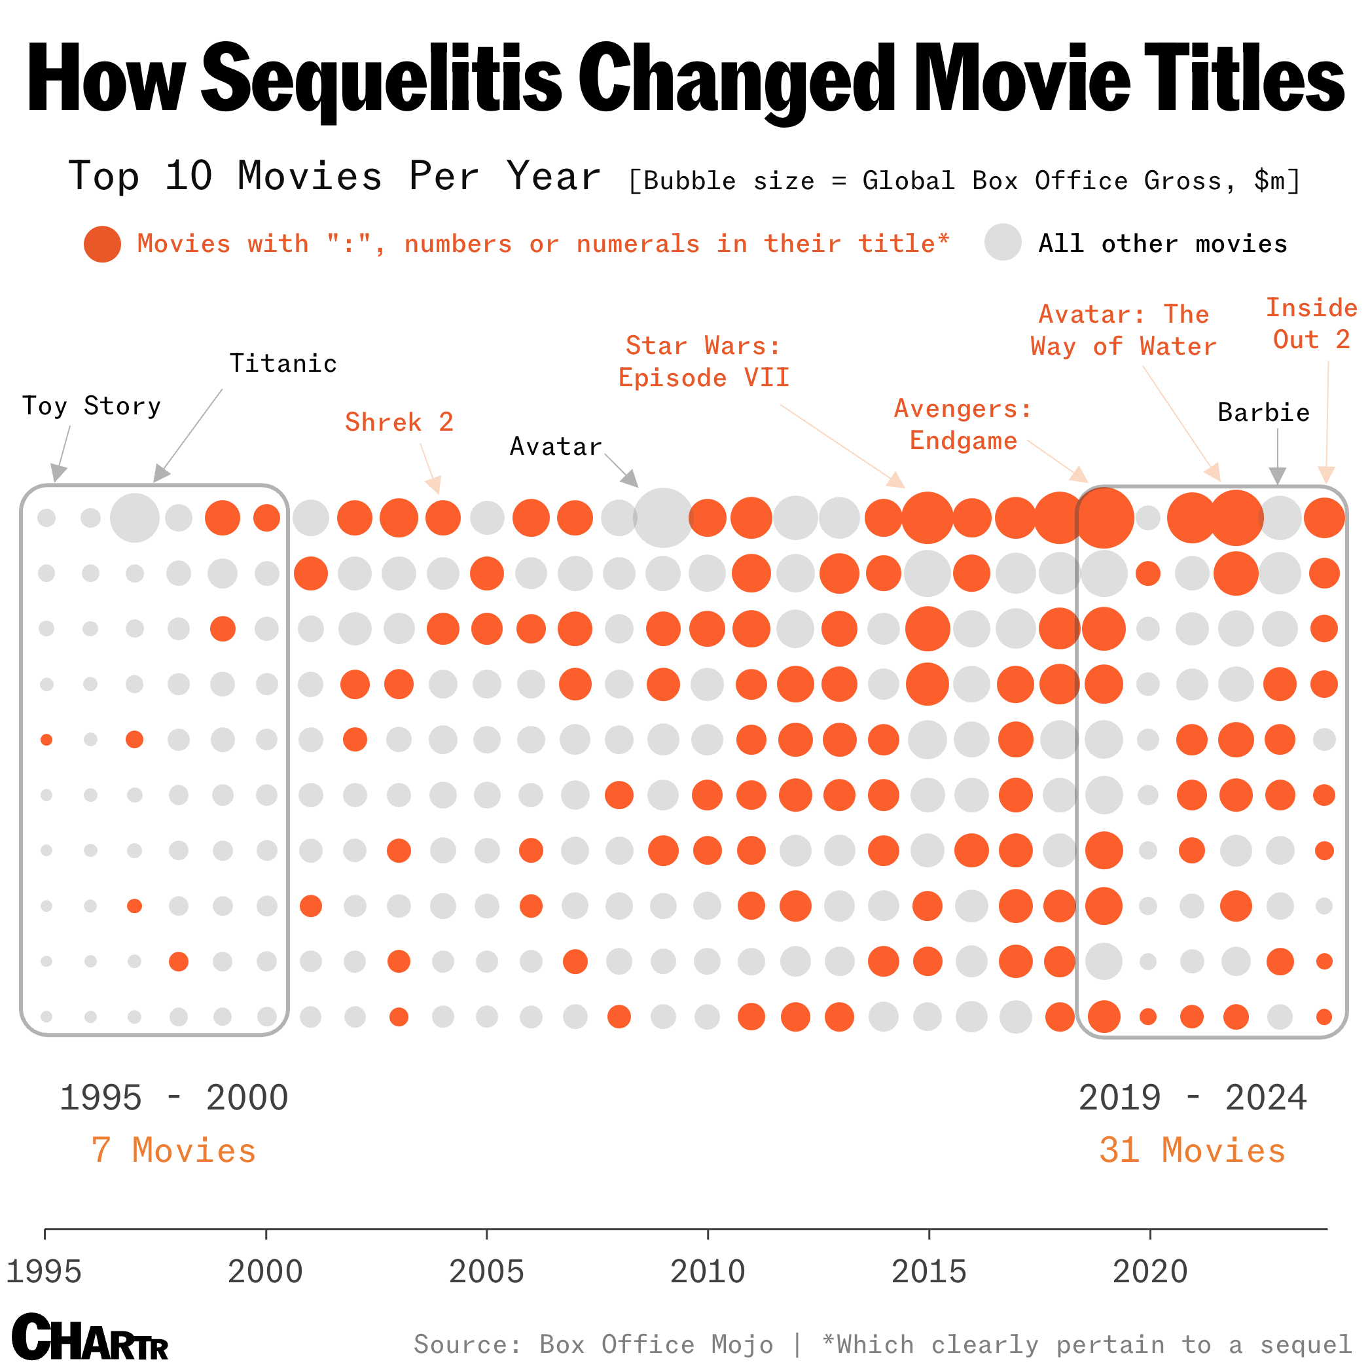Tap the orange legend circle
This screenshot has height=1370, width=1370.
[x=102, y=244]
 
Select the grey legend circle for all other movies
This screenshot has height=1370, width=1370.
[x=1003, y=242]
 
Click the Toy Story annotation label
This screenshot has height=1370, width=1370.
[x=92, y=406]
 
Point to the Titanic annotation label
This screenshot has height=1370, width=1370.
[x=283, y=364]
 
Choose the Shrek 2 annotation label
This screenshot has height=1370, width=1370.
[x=399, y=423]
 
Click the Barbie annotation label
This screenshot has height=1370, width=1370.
[x=1263, y=412]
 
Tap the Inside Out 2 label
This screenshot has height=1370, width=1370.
[x=1311, y=324]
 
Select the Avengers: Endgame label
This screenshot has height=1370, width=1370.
[x=963, y=425]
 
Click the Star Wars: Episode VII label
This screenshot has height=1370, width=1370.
[x=704, y=361]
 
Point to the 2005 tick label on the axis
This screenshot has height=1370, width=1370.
[x=486, y=1271]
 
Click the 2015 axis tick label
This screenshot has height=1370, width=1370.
[x=929, y=1271]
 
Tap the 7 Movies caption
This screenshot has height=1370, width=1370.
[x=173, y=1150]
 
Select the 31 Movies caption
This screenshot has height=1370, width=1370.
[x=1192, y=1150]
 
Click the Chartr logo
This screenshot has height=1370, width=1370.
[x=90, y=1336]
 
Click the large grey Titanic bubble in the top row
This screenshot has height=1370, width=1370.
[x=135, y=518]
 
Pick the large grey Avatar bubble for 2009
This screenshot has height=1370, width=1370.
[x=663, y=518]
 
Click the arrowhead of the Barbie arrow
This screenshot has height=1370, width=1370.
[x=1277, y=477]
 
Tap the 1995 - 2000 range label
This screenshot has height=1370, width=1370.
[x=173, y=1098]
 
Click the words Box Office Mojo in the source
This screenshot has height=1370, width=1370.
[x=656, y=1344]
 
